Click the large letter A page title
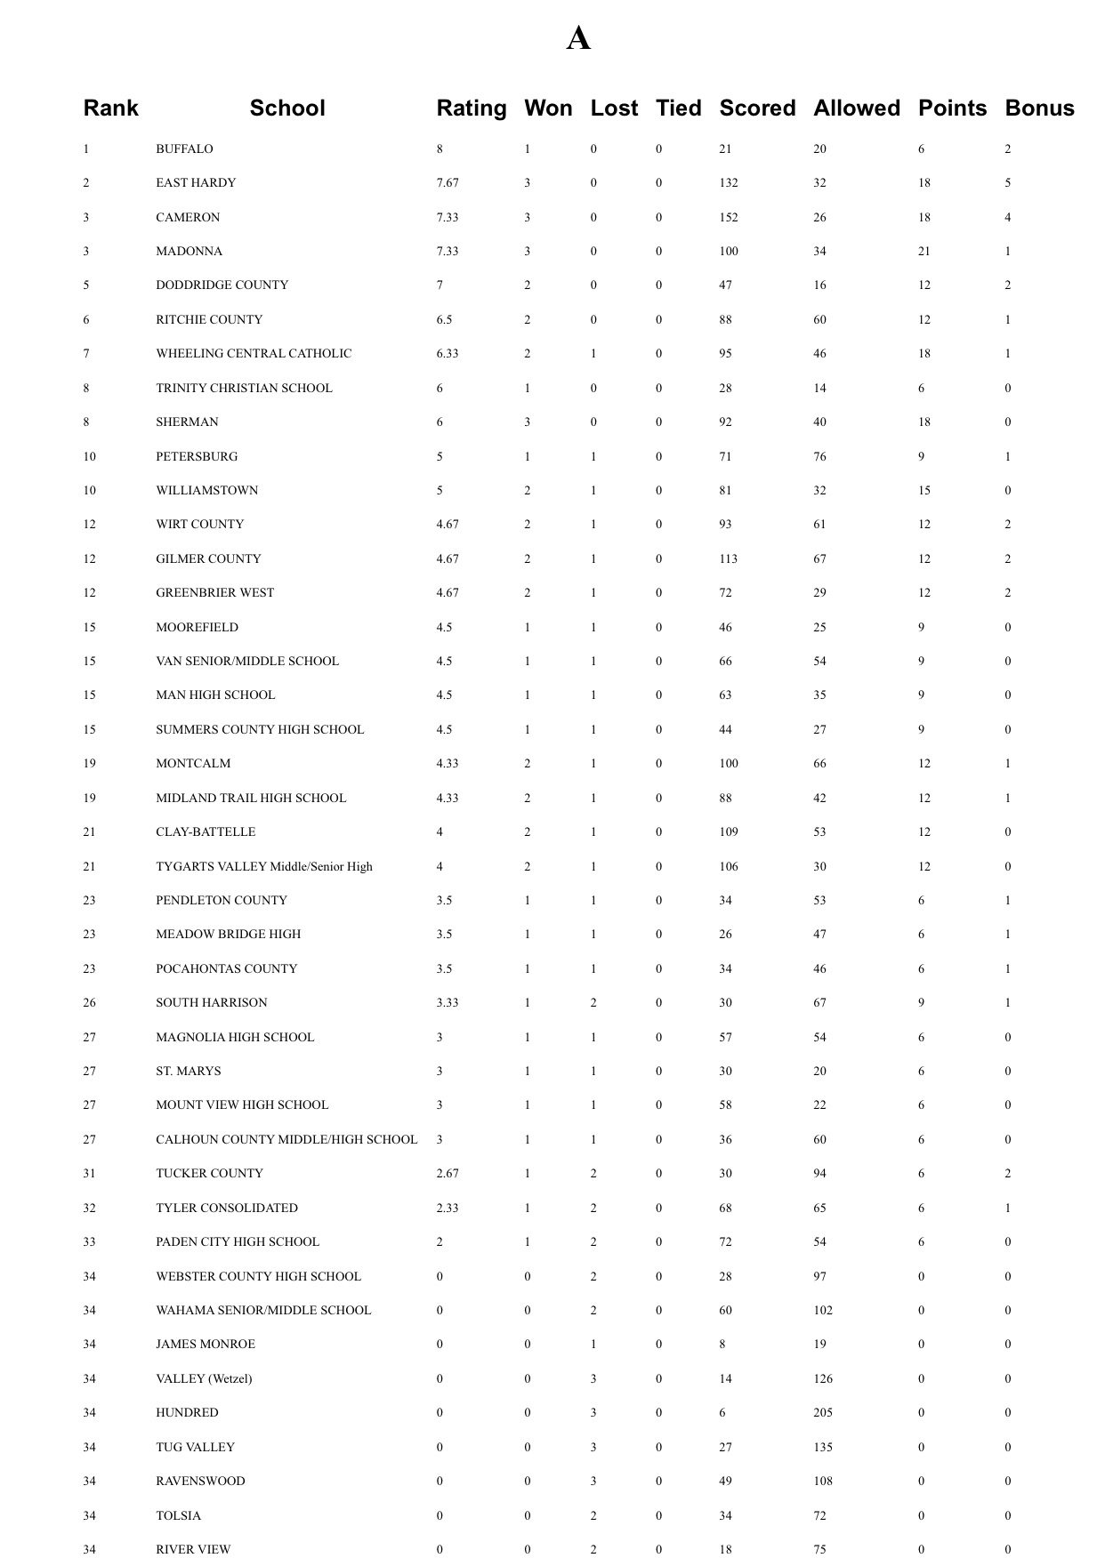(x=578, y=38)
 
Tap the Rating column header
(x=471, y=108)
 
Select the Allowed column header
(x=856, y=108)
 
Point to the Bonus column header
(x=1039, y=108)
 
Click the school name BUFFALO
(x=184, y=149)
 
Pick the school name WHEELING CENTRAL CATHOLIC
(x=254, y=354)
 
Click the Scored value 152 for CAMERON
(x=729, y=218)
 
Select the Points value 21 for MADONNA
(x=924, y=252)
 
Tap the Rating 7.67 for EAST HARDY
(x=448, y=183)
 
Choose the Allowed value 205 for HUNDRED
(x=823, y=1413)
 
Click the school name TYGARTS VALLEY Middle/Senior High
(x=264, y=867)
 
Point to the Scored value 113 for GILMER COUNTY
(x=729, y=559)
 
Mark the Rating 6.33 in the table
(x=448, y=354)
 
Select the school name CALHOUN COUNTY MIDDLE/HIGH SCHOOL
(x=286, y=1140)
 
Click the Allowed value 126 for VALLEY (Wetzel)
(x=823, y=1379)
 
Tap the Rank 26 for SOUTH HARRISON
(x=89, y=1003)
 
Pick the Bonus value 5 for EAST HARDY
(x=1008, y=183)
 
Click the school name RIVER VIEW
(x=193, y=1550)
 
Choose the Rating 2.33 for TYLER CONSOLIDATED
(x=448, y=1209)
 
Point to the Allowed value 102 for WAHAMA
(x=823, y=1311)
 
